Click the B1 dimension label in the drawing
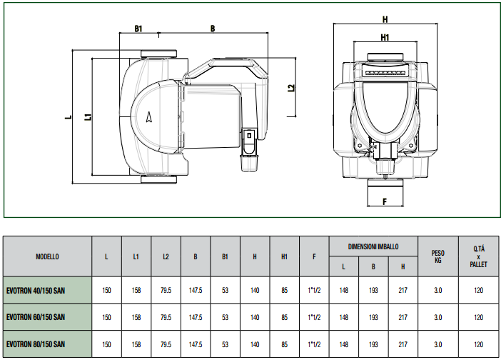tap(138, 29)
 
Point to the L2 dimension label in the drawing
tap(291, 88)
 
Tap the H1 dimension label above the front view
tap(385, 37)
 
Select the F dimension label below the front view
tap(385, 201)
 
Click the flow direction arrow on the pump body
tap(148, 117)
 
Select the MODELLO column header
tap(47, 256)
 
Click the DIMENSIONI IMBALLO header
tap(373, 246)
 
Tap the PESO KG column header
tap(438, 256)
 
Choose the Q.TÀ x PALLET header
tap(478, 256)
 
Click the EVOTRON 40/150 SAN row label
tap(36, 291)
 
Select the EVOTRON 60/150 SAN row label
tap(36, 317)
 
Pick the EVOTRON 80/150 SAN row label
tap(36, 344)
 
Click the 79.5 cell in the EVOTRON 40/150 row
tap(166, 290)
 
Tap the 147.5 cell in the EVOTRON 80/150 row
tap(196, 344)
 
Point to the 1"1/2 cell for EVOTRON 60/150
tap(314, 317)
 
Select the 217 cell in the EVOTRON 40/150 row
tap(403, 290)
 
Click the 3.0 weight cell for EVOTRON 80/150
tap(438, 344)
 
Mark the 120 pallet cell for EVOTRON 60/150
tap(478, 317)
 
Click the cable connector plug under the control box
tap(248, 149)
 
